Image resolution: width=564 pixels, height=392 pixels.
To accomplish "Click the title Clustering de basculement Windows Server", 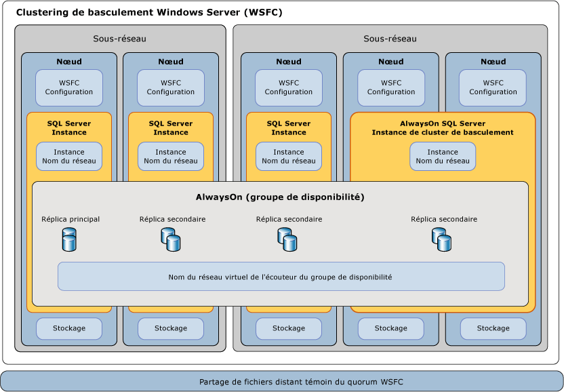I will click(148, 13).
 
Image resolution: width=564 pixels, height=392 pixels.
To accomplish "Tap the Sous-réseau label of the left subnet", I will click(119, 39).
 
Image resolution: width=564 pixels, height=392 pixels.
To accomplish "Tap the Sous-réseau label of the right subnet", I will click(390, 39).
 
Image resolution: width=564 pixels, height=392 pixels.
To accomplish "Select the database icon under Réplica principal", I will click(69, 240).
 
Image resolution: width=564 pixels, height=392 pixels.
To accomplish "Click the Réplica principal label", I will click(70, 219).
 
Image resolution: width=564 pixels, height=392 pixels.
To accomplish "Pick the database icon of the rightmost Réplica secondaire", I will click(441, 239).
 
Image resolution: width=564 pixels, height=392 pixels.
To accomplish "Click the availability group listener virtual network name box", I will click(281, 277).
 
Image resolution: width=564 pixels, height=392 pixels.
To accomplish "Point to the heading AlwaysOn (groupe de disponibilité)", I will click(280, 197).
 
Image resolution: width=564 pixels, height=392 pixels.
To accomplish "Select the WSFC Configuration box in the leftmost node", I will click(69, 87).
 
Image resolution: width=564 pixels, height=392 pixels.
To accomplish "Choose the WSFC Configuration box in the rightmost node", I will click(493, 87).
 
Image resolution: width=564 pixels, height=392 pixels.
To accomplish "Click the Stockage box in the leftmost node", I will click(69, 328).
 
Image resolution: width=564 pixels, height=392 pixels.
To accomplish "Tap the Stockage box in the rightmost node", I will click(493, 328).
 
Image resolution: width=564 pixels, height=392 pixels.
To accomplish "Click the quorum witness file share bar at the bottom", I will click(281, 381).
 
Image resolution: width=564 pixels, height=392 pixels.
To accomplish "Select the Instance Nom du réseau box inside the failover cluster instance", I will click(442, 157).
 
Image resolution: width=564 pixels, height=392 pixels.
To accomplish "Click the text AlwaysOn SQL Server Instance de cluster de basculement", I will click(442, 128).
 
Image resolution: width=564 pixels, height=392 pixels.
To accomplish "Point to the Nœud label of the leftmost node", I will click(69, 62).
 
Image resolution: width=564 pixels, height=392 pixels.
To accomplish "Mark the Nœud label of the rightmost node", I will click(493, 62).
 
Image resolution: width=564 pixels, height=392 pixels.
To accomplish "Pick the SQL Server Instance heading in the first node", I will click(69, 128).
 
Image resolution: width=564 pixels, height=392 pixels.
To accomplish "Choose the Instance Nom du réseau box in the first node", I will click(69, 157).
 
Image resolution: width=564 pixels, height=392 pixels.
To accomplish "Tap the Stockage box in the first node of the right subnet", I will click(289, 328).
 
